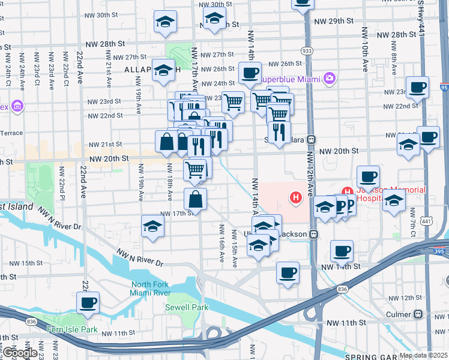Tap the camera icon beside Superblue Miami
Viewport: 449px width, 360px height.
point(328,78)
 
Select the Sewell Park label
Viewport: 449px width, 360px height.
point(187,307)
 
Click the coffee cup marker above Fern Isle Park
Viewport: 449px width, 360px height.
point(88,302)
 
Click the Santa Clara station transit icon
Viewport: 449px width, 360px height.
point(312,139)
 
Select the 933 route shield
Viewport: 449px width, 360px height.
point(307,51)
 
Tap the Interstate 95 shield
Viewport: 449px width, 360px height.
point(444,88)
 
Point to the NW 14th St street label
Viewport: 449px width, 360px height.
point(344,266)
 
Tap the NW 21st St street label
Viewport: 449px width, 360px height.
point(106,145)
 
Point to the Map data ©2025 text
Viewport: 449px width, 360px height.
point(423,355)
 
